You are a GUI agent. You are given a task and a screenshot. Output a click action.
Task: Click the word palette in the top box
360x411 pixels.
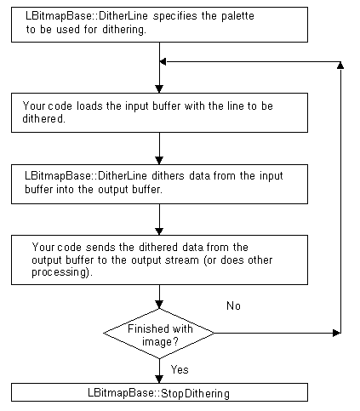pyautogui.click(x=237, y=16)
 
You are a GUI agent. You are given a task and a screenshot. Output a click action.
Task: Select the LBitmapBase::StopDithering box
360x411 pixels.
pyautogui.click(x=159, y=392)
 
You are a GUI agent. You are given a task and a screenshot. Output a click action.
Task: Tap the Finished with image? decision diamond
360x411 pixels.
pyautogui.click(x=159, y=334)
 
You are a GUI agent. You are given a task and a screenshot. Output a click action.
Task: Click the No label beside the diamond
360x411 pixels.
pyautogui.click(x=233, y=305)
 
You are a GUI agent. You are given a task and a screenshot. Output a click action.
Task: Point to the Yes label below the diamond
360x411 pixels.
pyautogui.click(x=180, y=369)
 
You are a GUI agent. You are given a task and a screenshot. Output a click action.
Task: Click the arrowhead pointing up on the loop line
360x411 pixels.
pyautogui.click(x=340, y=66)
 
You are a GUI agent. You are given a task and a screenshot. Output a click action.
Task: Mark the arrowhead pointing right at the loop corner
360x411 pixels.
pyautogui.click(x=337, y=333)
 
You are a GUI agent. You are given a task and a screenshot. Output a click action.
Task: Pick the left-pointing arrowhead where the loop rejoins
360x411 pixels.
pyautogui.click(x=163, y=61)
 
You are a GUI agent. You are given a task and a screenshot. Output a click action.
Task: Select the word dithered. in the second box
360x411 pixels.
pyautogui.click(x=43, y=118)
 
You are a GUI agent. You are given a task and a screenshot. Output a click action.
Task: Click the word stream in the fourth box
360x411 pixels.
pyautogui.click(x=182, y=260)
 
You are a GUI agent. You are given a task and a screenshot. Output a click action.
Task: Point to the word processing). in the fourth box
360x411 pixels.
pyautogui.click(x=62, y=272)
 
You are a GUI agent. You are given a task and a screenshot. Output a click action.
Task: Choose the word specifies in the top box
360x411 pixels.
pyautogui.click(x=175, y=16)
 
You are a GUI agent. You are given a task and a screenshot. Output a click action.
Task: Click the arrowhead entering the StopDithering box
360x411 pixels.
pyautogui.click(x=159, y=380)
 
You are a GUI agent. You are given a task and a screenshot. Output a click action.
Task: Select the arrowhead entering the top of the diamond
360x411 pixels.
pyautogui.click(x=159, y=305)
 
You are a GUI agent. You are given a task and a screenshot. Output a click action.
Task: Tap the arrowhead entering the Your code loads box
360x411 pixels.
pyautogui.click(x=159, y=89)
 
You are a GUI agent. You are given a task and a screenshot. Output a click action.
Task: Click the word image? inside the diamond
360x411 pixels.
pyautogui.click(x=160, y=342)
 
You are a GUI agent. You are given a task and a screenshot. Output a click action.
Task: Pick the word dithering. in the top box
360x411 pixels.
pyautogui.click(x=124, y=30)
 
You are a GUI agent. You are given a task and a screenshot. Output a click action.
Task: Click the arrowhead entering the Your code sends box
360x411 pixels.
pyautogui.click(x=159, y=231)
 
